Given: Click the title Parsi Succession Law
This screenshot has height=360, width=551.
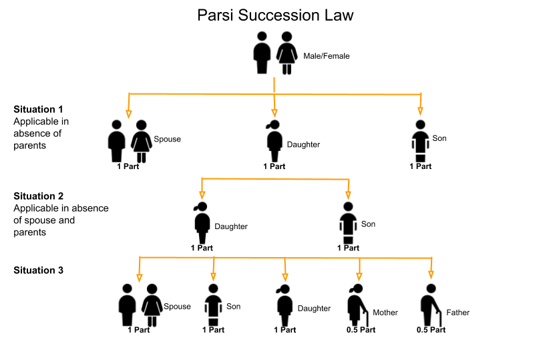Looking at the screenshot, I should pos(275,15).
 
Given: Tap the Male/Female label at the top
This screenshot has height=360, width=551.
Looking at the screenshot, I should pos(326,56).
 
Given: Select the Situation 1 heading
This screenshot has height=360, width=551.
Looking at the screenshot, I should pos(38,108).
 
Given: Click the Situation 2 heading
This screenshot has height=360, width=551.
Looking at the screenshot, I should pos(38,196).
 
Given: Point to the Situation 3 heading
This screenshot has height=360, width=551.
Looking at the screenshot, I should pos(38,270).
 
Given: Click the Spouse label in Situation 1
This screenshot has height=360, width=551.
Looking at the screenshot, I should pos(167,139).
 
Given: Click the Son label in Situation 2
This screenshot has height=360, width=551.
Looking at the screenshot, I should pos(368,224).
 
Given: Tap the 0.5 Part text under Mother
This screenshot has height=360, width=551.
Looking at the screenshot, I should pos(361,330).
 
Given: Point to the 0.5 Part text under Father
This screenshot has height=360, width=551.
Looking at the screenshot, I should pos(431,330).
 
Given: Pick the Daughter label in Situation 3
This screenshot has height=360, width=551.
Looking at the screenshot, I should pos(314,308).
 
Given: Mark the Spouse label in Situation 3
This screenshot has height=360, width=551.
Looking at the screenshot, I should pos(177,307).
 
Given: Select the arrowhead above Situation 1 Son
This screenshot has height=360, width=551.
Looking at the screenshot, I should pos(420,110).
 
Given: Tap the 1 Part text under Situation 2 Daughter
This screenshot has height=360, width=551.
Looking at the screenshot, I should pos(202,248).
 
